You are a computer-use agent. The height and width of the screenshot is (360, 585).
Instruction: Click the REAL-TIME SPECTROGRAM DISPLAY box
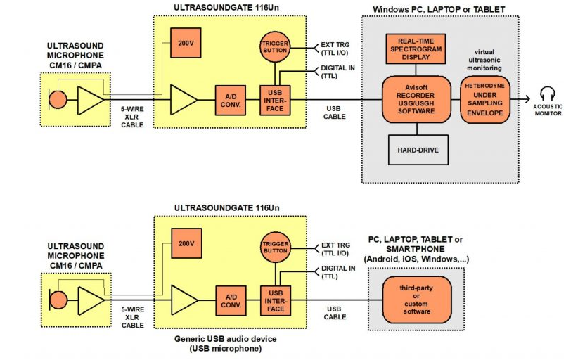[415, 49]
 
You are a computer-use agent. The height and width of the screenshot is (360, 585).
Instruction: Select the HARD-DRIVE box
[418, 150]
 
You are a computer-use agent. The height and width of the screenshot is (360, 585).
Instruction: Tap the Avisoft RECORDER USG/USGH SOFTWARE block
[416, 99]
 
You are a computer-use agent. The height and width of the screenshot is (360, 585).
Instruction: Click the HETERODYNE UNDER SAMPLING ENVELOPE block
[484, 100]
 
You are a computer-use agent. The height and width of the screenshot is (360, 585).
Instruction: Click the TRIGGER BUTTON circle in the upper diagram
[275, 45]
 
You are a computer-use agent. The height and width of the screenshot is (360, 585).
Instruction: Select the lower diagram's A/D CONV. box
[231, 300]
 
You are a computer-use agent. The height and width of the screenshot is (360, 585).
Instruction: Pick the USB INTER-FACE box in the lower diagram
[275, 300]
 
